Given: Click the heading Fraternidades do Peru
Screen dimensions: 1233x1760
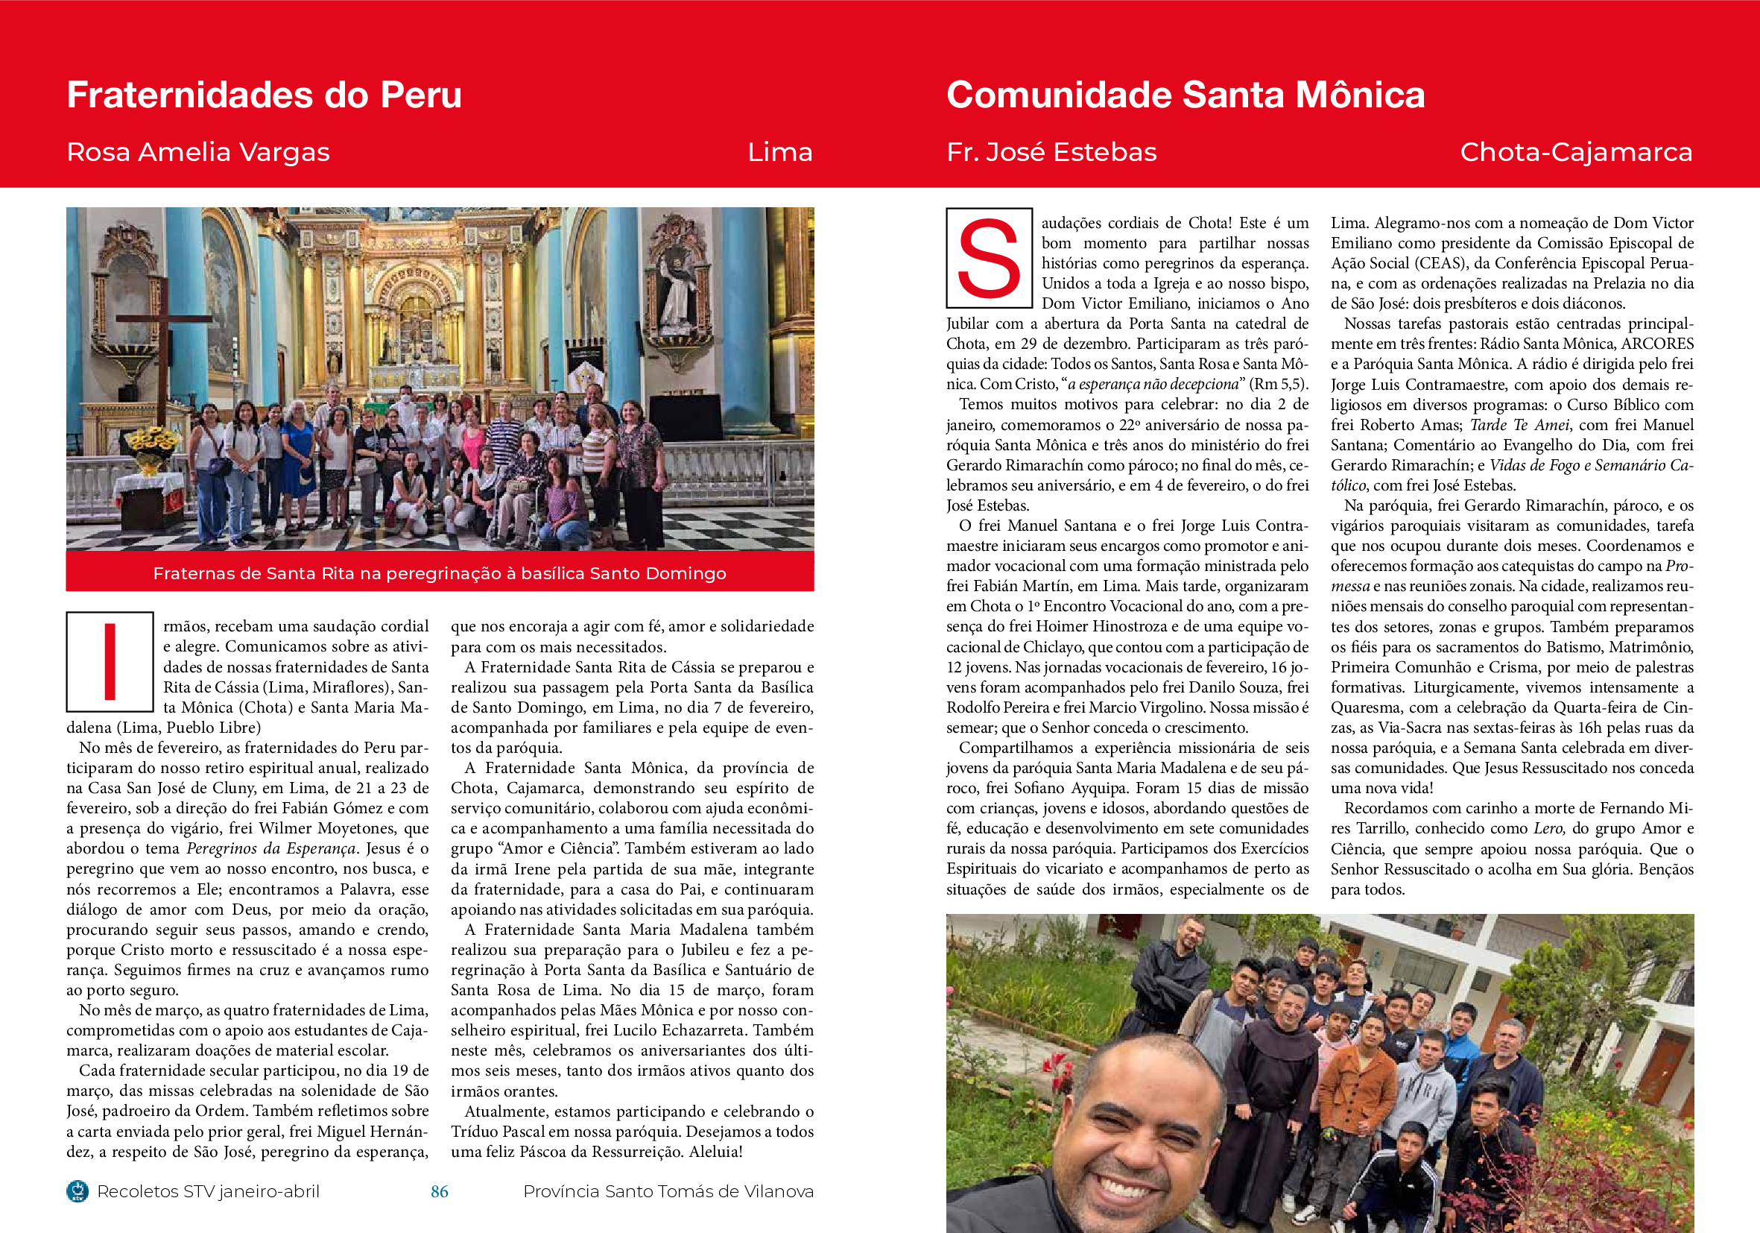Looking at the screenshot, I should pos(264,95).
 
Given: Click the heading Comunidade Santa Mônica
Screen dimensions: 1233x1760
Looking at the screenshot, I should pos(1185,95).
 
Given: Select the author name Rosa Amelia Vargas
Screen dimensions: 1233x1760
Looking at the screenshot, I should pos(197,152).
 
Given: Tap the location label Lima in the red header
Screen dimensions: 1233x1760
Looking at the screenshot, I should pos(779,152).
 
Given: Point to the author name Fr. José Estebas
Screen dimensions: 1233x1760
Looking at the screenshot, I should pos(1051,152).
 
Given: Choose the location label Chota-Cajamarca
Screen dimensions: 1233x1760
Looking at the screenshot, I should pos(1575,152).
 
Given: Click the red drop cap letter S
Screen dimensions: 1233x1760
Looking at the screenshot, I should pos(989,259).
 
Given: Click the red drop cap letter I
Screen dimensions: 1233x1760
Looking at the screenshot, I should pos(110,661).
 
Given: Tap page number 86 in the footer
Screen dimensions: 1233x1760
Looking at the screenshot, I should pos(439,1191).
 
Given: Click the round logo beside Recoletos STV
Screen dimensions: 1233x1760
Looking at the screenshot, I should pos(77,1191).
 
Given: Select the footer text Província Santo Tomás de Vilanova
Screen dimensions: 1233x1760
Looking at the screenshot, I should pos(668,1191).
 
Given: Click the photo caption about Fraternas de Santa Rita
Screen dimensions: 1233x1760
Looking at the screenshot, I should pos(439,573).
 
